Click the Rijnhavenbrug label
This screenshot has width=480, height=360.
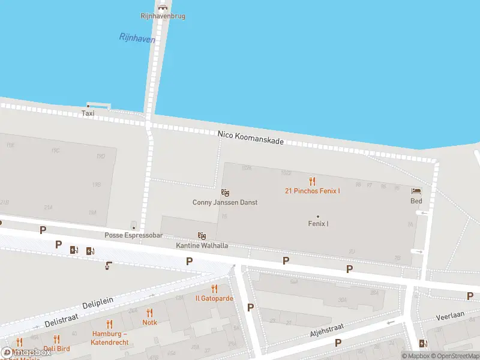click(x=163, y=16)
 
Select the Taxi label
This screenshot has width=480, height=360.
click(x=88, y=113)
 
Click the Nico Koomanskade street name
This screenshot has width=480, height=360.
click(x=250, y=137)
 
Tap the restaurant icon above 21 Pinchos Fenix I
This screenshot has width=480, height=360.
click(x=312, y=181)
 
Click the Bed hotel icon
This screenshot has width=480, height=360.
click(x=416, y=191)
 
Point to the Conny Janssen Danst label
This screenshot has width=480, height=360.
click(x=225, y=202)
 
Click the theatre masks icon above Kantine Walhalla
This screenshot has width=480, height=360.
click(x=202, y=236)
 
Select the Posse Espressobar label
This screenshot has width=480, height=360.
click(x=134, y=235)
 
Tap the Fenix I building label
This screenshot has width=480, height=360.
click(x=318, y=224)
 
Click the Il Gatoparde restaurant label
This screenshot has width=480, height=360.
click(x=214, y=298)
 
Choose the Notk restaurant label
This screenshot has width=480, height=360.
click(x=150, y=322)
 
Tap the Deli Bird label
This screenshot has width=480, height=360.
click(x=56, y=349)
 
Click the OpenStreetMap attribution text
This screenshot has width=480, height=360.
click(x=452, y=356)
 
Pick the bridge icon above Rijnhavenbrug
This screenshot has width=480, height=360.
click(x=163, y=7)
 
